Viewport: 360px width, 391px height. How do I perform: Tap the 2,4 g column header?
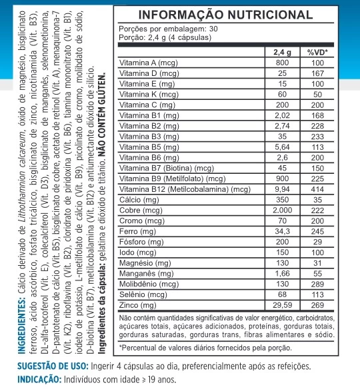pyautogui.click(x=282, y=52)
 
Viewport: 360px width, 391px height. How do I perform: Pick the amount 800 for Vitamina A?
pyautogui.click(x=282, y=63)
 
